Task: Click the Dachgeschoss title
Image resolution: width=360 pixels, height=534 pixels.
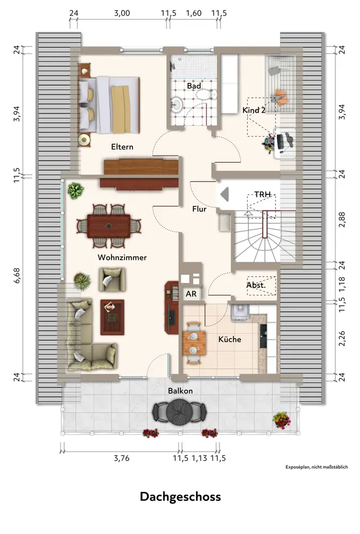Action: pos(180,497)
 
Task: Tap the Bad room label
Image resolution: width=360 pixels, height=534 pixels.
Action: pos(194,86)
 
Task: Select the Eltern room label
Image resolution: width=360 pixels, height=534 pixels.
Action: pos(122,147)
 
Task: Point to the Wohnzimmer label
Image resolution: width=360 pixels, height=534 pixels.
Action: pos(122,257)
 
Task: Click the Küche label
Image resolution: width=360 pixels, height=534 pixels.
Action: pos(230,339)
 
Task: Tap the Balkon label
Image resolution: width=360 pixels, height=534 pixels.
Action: pos(180,391)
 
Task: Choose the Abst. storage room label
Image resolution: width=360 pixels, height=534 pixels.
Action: pos(256,285)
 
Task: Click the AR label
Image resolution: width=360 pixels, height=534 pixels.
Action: pos(191,294)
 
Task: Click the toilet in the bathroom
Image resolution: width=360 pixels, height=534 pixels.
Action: pos(206,95)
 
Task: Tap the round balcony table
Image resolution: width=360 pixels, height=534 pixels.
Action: pos(179,412)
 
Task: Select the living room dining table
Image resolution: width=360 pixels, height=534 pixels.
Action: pos(108,226)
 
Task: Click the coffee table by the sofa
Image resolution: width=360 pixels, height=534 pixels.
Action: pos(112,317)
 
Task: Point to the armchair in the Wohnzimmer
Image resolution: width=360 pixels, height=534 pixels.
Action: pos(112,280)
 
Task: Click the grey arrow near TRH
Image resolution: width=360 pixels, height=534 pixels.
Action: pos(224,194)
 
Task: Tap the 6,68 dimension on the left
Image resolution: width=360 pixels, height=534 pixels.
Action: pos(17,275)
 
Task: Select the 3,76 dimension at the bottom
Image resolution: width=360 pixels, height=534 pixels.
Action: pos(122,458)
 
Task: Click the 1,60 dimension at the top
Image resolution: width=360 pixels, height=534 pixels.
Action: pos(193,13)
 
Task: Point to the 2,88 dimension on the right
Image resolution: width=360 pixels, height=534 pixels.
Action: pos(342,219)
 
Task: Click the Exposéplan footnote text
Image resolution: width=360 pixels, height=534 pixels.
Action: pos(317,467)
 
